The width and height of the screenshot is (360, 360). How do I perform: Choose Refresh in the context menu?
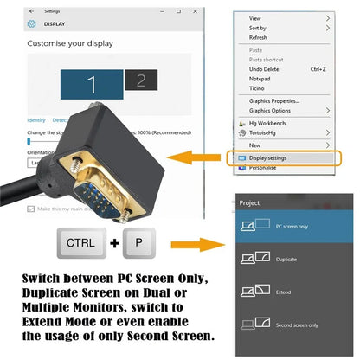pyautogui.click(x=258, y=37)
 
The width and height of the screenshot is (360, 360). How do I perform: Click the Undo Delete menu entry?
pyautogui.click(x=264, y=68)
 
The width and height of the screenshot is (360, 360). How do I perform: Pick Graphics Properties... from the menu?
pyautogui.click(x=273, y=100)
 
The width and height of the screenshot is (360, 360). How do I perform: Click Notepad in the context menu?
pyautogui.click(x=260, y=79)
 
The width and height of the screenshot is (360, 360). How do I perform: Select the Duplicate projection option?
pyautogui.click(x=286, y=259)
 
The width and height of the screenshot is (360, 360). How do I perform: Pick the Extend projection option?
pyautogui.click(x=284, y=292)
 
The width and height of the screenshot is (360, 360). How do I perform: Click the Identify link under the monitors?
pyautogui.click(x=36, y=120)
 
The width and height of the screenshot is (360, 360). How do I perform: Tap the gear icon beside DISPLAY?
pyautogui.click(x=32, y=23)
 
